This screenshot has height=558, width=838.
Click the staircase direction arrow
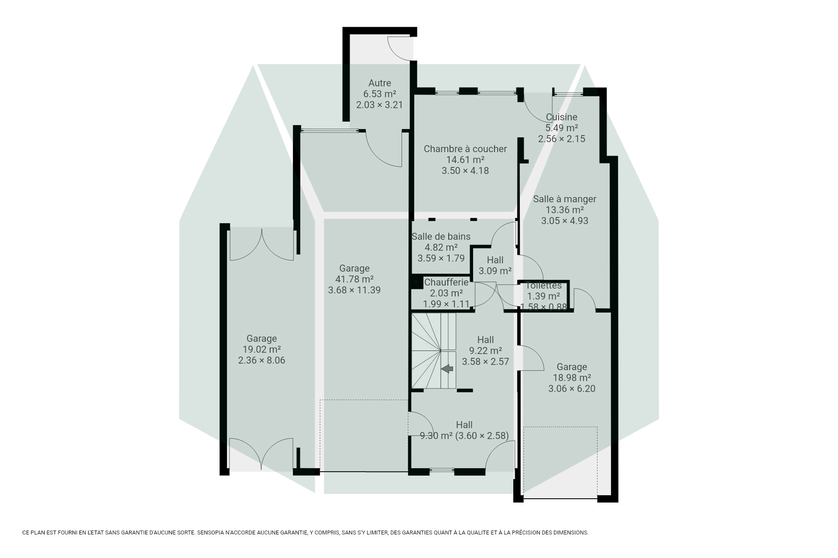click(447, 369)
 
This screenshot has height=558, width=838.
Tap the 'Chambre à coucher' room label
click(465, 149)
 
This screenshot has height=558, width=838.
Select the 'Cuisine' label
click(561, 117)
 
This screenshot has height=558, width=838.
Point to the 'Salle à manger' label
click(564, 199)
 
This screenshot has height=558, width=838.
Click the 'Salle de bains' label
click(441, 236)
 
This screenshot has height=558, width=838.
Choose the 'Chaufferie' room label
click(446, 282)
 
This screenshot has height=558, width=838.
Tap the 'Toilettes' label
click(544, 286)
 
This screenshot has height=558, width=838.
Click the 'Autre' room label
click(380, 83)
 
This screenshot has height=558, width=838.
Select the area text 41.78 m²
click(354, 279)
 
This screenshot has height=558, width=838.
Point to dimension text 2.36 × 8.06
click(261, 360)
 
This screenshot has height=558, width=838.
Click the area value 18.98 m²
click(572, 378)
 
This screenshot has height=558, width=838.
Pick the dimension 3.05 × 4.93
click(564, 221)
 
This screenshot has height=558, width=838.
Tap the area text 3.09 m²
click(495, 271)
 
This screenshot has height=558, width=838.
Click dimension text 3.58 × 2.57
click(485, 362)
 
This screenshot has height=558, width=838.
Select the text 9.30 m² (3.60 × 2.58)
click(464, 436)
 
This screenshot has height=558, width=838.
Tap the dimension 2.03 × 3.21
click(380, 105)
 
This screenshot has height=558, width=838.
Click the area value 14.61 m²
click(465, 160)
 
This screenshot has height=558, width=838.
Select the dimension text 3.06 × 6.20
click(572, 389)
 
